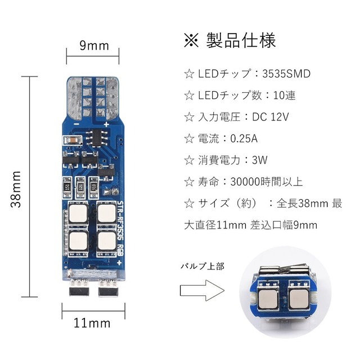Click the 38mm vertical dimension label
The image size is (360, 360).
[x=16, y=189]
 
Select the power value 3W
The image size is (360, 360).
[x=259, y=160]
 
